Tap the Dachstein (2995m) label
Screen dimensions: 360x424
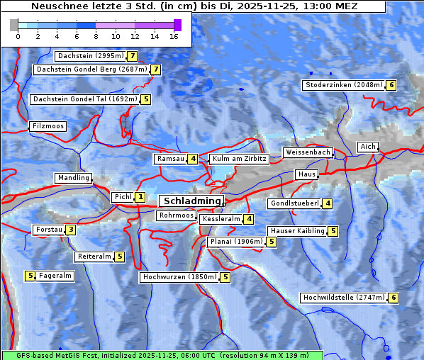coord(90,55)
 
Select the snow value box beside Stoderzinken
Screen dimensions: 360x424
coord(391,85)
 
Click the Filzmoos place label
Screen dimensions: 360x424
coord(48,126)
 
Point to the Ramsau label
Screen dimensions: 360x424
coord(170,159)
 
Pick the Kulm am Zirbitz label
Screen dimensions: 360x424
coord(239,159)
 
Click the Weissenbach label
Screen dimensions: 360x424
coord(308,152)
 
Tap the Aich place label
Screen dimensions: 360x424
coord(367,147)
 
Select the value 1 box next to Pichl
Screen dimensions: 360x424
coord(140,197)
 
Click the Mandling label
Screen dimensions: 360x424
coord(74,178)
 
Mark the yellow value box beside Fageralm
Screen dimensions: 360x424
coord(30,276)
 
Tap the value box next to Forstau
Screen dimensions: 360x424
coord(71,230)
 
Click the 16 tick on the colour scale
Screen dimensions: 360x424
coord(174,36)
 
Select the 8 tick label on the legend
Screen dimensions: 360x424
coord(96,36)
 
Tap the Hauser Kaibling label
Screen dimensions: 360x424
coord(297,231)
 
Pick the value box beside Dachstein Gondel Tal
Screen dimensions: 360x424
coord(145,99)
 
